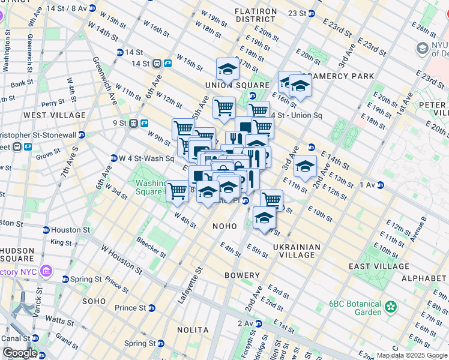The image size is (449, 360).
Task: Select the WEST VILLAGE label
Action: coord(55,115)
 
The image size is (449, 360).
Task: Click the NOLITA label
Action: coord(193,330)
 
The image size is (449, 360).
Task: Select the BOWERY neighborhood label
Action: coord(243,275)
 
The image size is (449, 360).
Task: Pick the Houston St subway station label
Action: coord(70,230)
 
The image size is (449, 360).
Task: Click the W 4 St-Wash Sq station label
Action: coord(146,158)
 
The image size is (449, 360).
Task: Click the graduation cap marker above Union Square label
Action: coord(228,69)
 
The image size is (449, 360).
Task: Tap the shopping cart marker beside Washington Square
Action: coord(177,191)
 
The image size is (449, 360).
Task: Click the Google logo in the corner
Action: coord(19,353)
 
